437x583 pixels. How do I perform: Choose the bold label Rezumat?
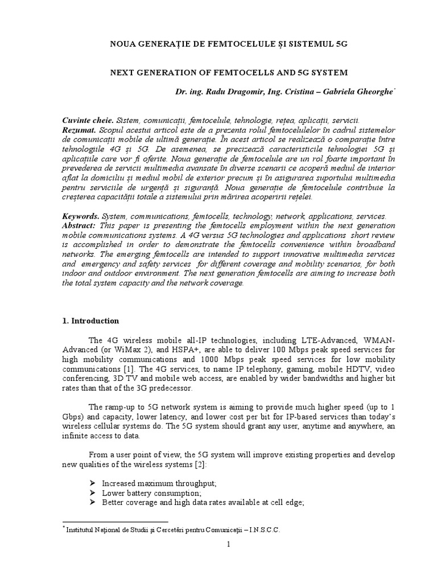[x=78, y=130]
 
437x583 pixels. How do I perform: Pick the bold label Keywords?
[x=80, y=216]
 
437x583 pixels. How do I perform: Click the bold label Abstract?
[x=79, y=225]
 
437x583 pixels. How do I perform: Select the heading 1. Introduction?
[x=90, y=321]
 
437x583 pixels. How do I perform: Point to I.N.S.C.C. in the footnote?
[x=263, y=529]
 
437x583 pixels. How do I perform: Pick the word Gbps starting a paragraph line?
[x=71, y=417]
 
